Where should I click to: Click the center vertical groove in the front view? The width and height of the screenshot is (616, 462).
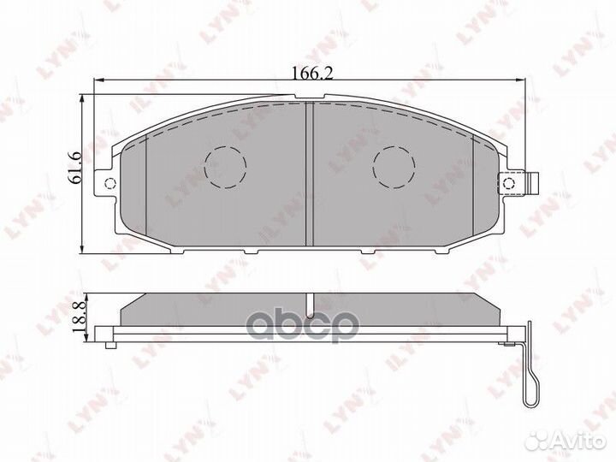[x=311, y=171]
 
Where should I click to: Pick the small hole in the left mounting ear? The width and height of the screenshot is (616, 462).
[x=108, y=184]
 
